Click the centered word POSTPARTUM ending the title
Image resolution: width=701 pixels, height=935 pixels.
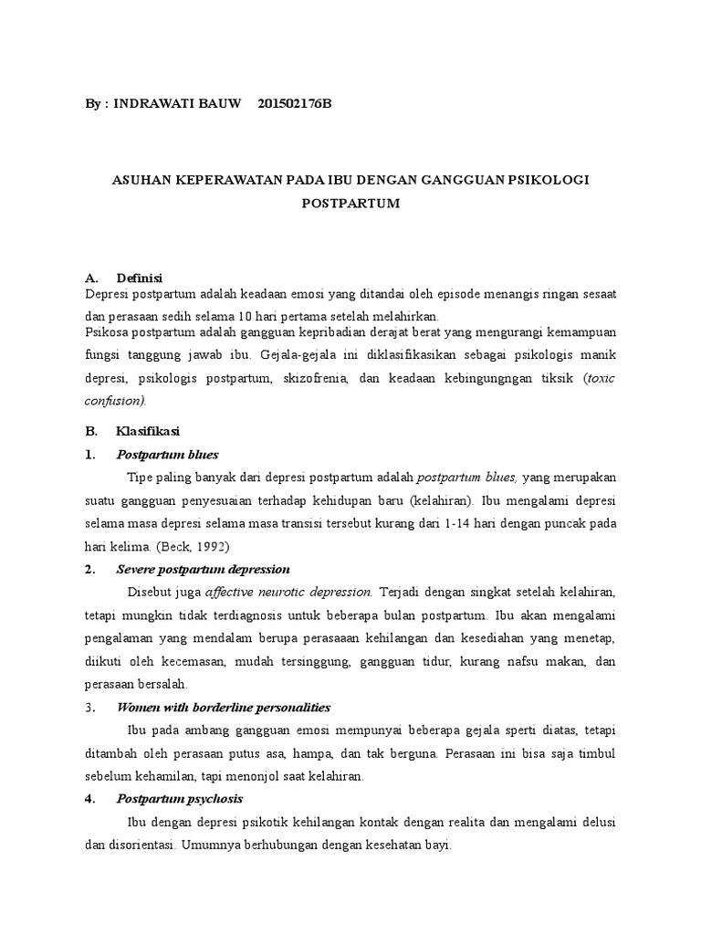click(x=351, y=203)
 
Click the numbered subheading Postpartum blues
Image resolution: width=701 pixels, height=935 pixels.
click(x=168, y=454)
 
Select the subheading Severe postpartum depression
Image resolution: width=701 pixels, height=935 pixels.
click(x=203, y=569)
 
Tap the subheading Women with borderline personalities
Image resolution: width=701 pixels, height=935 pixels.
click(x=224, y=707)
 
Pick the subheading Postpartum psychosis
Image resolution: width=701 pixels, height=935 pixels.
click(x=179, y=799)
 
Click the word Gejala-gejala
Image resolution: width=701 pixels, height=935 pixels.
click(x=294, y=354)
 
